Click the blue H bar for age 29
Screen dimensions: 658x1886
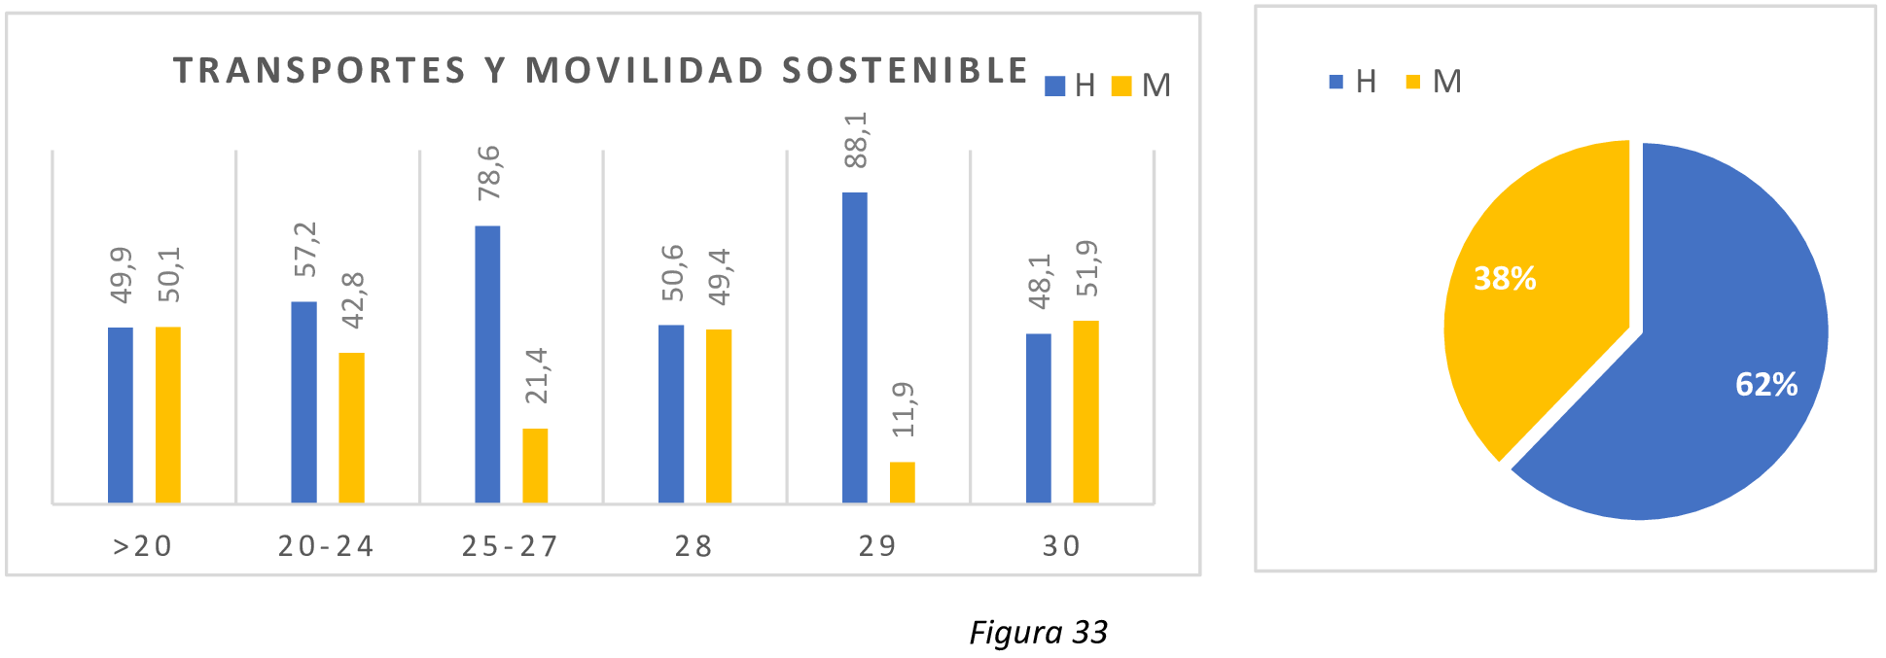(x=854, y=347)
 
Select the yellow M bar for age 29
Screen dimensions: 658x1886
(x=902, y=482)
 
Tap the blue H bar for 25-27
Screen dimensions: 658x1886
(x=487, y=364)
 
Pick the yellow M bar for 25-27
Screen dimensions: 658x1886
(x=535, y=466)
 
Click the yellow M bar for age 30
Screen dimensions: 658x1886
(x=1085, y=411)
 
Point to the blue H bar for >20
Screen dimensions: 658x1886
(x=121, y=415)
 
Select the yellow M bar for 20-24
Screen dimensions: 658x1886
(x=351, y=428)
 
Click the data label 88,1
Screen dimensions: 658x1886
(x=856, y=140)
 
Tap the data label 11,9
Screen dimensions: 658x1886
(x=904, y=409)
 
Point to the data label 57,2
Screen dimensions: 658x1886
(x=305, y=249)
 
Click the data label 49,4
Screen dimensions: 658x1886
(x=720, y=277)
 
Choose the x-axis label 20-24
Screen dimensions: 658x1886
(x=326, y=546)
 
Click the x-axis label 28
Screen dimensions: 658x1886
(x=694, y=546)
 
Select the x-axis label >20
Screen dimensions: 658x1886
(x=143, y=546)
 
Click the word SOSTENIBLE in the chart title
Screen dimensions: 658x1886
(x=905, y=71)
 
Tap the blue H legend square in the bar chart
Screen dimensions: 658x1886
(x=1054, y=87)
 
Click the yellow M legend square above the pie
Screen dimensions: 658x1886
(x=1412, y=82)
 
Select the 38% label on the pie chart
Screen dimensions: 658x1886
(x=1505, y=279)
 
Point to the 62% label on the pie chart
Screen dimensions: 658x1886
(x=1765, y=385)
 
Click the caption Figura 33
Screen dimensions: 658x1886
(x=1038, y=633)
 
